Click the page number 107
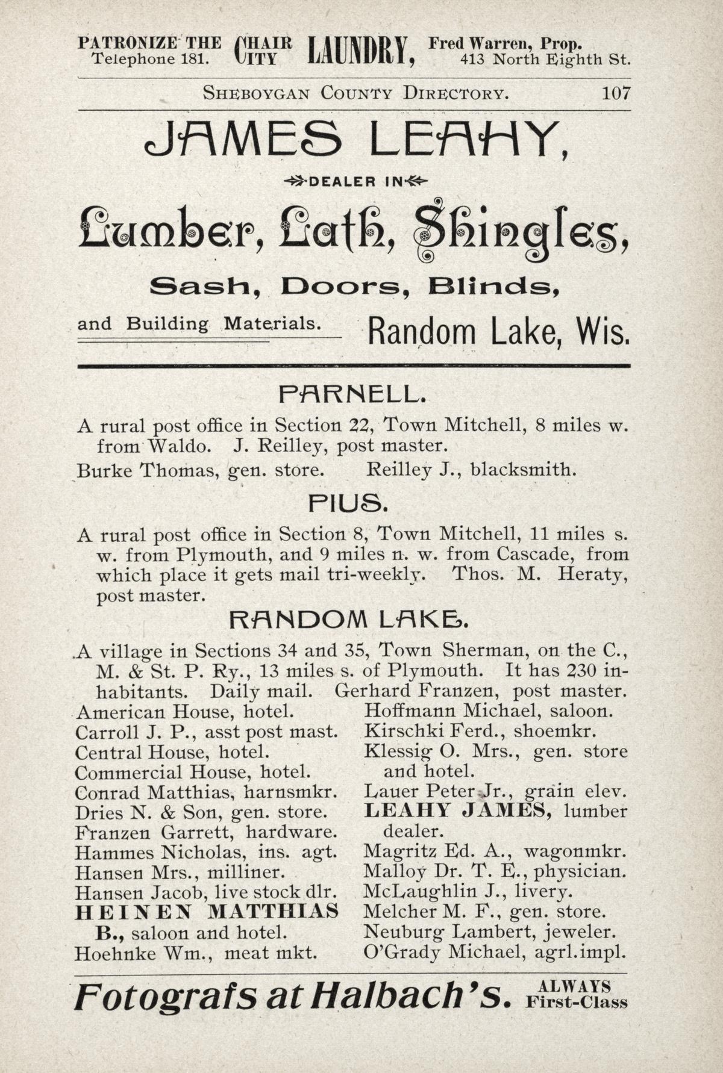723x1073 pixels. tap(615, 93)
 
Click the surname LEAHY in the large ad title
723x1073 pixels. tap(468, 139)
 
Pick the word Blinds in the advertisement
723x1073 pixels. tap(495, 288)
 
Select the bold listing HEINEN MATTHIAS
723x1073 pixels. tap(206, 912)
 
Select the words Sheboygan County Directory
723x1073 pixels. tap(355, 93)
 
